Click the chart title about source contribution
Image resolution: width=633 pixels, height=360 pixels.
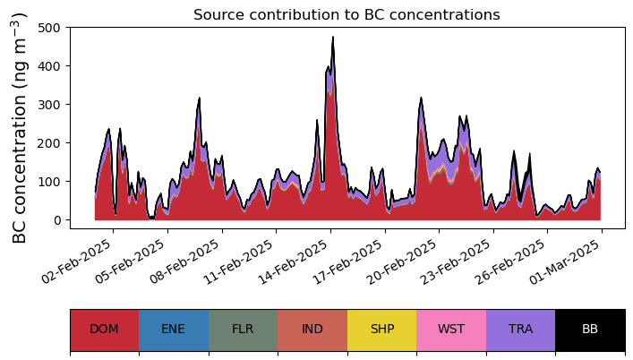point(346,14)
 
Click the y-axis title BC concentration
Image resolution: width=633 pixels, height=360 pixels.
point(20,128)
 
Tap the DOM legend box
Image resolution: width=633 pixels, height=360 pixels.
point(104,330)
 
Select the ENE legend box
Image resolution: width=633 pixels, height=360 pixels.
point(174,330)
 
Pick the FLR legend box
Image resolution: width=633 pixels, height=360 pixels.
point(243,330)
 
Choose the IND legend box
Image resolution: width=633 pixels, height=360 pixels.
point(312,330)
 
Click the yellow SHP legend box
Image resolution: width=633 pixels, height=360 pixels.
point(382,330)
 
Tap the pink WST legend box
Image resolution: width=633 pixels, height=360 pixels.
point(451,330)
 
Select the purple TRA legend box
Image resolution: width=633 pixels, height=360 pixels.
point(520,330)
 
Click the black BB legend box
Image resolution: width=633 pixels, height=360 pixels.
point(590,330)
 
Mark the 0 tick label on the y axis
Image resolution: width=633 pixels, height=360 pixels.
point(55,220)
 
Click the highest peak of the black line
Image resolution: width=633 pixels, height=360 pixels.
point(333,38)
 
